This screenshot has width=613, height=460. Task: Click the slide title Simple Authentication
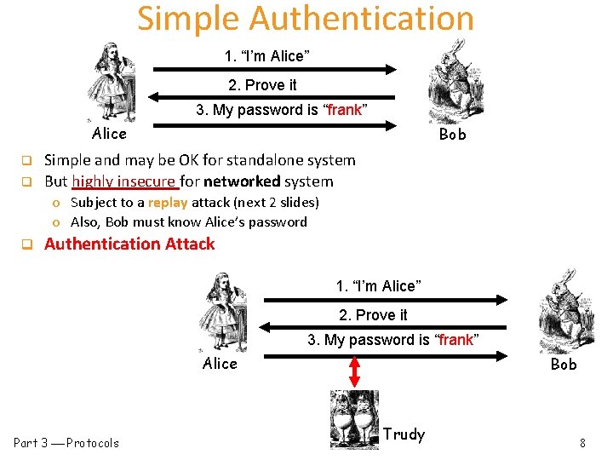coord(306,19)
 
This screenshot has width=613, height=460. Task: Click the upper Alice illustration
coord(111,83)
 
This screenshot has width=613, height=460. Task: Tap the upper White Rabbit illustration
coord(451,78)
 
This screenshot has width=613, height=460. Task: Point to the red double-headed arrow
coord(355,371)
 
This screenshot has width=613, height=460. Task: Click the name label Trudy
coord(404,434)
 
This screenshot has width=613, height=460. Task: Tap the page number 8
coord(582,443)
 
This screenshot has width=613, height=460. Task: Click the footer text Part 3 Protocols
coord(66,443)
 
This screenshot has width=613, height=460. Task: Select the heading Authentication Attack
coord(129,244)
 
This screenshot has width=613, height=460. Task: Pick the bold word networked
coord(247,181)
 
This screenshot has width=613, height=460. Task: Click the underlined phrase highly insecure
coord(124,181)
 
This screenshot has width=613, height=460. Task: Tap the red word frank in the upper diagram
coord(345,110)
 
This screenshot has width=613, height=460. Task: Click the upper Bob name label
coord(452,135)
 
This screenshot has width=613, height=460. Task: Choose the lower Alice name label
coord(220,364)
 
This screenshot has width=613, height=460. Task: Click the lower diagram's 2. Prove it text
coord(373,315)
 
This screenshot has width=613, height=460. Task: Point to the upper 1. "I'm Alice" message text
coord(266,56)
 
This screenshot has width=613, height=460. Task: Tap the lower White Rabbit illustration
coord(562,310)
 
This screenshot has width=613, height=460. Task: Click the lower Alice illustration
coord(223,312)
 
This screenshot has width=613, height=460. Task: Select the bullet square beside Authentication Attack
coord(26,244)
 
